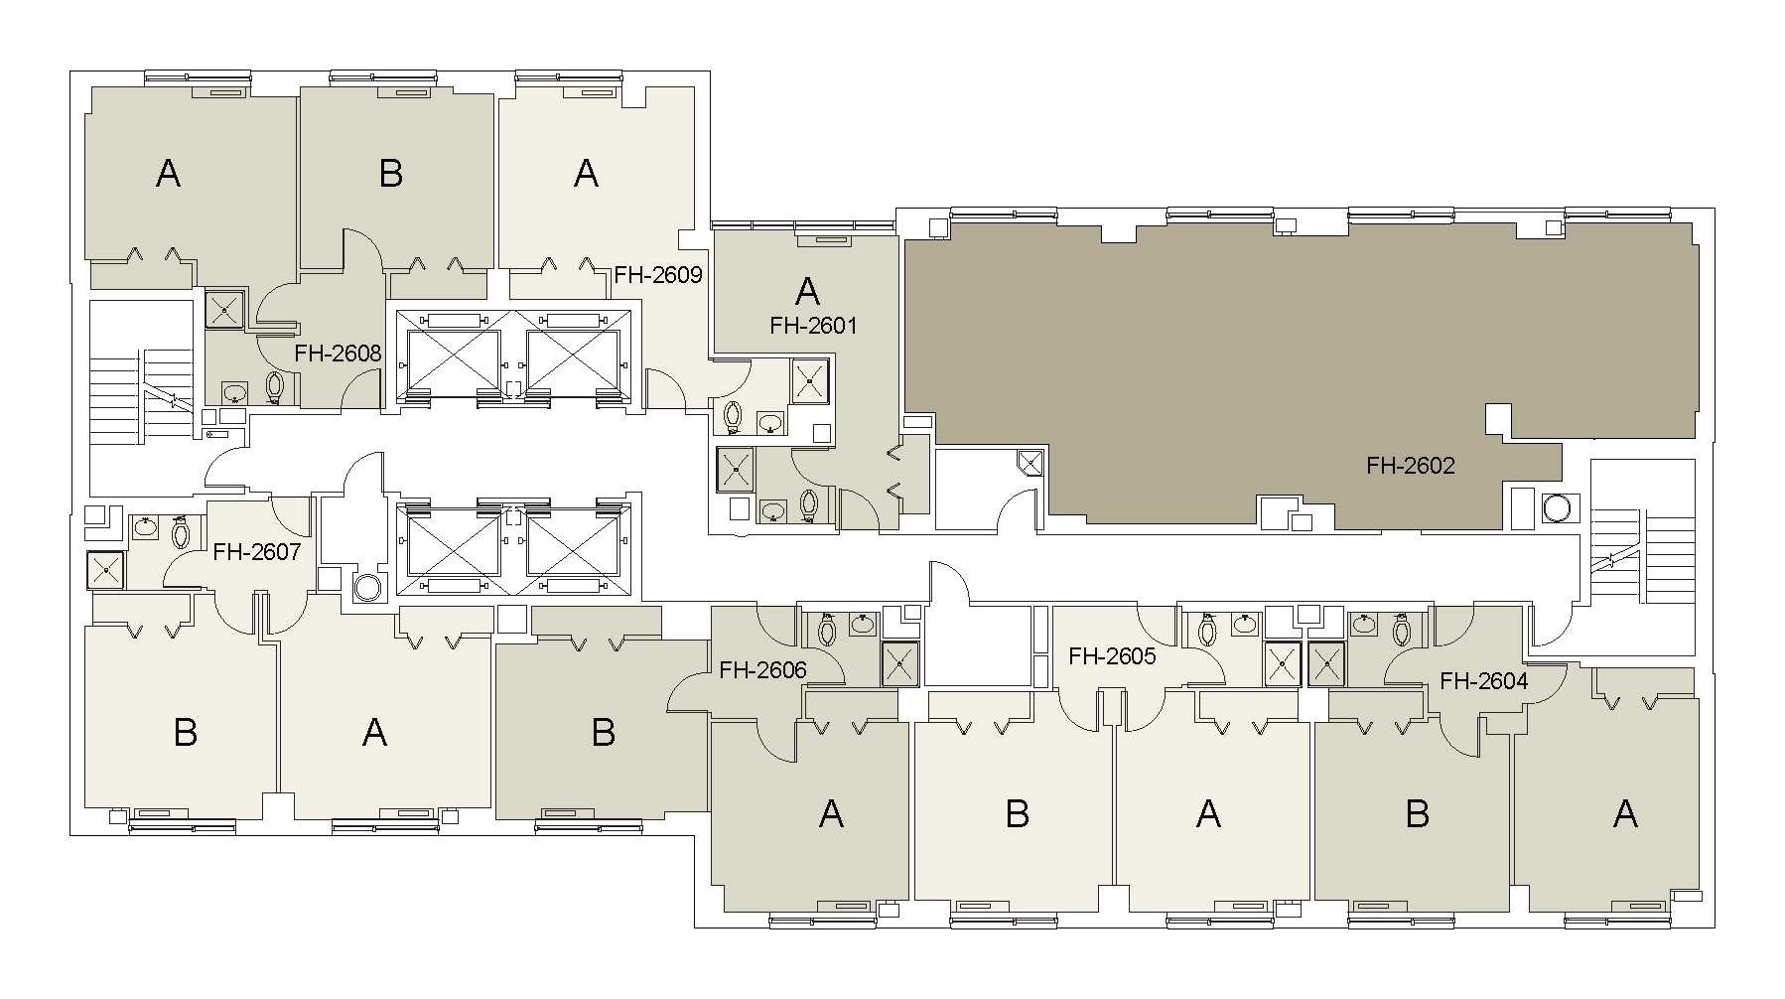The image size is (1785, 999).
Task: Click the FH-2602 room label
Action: coord(1410,465)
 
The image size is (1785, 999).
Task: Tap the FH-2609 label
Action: coord(658,274)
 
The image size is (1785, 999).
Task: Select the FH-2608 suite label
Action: coord(338,353)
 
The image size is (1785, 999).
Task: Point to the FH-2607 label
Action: coord(256,551)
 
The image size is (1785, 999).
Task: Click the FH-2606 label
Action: coord(762,670)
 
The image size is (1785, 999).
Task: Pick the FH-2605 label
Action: coord(1112,656)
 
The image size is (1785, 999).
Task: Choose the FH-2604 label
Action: coord(1483,681)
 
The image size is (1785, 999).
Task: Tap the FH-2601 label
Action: coord(813,325)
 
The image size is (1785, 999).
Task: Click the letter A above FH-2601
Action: coord(808,291)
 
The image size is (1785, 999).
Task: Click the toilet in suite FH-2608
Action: coord(276,387)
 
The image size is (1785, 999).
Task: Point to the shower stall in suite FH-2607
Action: coord(105,570)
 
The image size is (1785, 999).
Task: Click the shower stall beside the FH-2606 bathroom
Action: coord(901,663)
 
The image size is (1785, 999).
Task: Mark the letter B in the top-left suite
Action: coord(391,174)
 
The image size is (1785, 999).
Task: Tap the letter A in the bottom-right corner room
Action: coord(1625,814)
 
